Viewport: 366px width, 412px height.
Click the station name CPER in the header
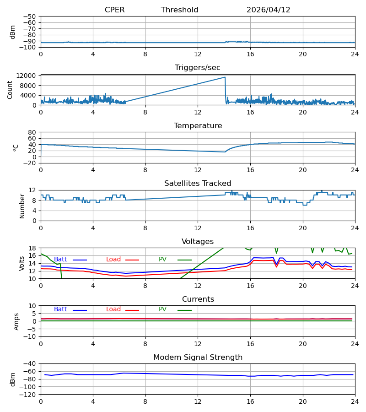[115, 10]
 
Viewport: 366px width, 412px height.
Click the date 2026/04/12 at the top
[269, 10]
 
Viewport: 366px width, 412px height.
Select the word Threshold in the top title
[180, 10]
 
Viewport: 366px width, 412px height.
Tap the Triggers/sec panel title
[198, 68]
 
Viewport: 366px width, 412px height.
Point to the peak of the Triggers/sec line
[225, 77]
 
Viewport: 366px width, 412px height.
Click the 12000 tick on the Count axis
[26, 76]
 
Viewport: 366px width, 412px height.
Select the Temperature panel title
[198, 125]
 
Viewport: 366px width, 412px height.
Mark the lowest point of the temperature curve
[225, 152]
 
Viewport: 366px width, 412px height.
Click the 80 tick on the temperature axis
[32, 132]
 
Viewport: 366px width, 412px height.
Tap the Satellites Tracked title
[198, 184]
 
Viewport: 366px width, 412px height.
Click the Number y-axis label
[22, 206]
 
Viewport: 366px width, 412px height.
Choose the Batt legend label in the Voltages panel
[60, 260]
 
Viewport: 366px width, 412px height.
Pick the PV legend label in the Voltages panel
[162, 260]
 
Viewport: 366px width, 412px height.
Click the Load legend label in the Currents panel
[113, 309]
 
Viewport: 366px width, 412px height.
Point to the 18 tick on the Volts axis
[32, 248]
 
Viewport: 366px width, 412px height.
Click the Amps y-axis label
[16, 322]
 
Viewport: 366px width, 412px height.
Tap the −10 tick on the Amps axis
[30, 337]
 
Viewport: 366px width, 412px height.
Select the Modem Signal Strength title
[198, 358]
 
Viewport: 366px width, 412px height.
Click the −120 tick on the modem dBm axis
[27, 395]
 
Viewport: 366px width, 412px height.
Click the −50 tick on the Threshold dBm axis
[29, 16]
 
